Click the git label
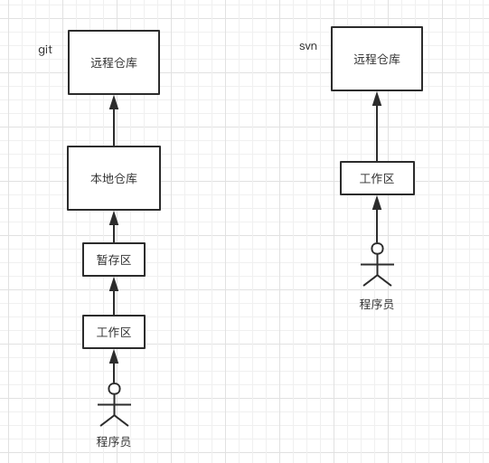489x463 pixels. (45, 51)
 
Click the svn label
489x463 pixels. (308, 46)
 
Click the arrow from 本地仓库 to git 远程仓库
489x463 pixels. (114, 121)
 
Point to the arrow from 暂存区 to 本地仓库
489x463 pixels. (114, 227)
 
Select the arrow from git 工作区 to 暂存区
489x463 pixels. (114, 296)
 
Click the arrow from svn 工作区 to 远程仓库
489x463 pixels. (377, 127)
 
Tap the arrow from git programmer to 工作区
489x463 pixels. (114, 366)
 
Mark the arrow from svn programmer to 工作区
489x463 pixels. (377, 220)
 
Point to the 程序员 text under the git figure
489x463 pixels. (114, 442)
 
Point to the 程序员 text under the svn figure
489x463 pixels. (377, 304)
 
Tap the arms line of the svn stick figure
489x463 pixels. (377, 264)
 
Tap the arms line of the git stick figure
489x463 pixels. (114, 404)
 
